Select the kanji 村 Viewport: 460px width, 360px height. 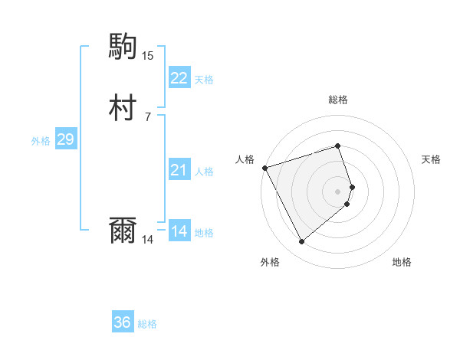123,108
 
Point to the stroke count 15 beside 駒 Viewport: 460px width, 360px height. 147,55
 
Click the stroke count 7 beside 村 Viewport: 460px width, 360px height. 147,116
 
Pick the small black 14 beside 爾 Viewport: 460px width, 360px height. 147,240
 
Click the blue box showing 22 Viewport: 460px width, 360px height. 179,77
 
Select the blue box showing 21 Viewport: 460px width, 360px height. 179,170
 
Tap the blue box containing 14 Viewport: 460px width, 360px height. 179,231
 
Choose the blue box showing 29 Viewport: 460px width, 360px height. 65,139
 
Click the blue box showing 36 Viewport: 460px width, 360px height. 123,322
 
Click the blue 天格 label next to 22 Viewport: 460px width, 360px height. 204,79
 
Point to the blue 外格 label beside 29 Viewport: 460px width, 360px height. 41,141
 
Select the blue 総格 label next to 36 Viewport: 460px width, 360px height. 147,324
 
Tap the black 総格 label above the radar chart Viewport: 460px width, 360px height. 338,100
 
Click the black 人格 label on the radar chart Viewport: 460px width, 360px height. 245,159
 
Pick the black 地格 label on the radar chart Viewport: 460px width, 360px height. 402,262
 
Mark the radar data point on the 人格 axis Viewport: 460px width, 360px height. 264,167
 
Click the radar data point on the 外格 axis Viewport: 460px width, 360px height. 301,242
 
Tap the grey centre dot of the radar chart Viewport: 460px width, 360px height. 338,191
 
